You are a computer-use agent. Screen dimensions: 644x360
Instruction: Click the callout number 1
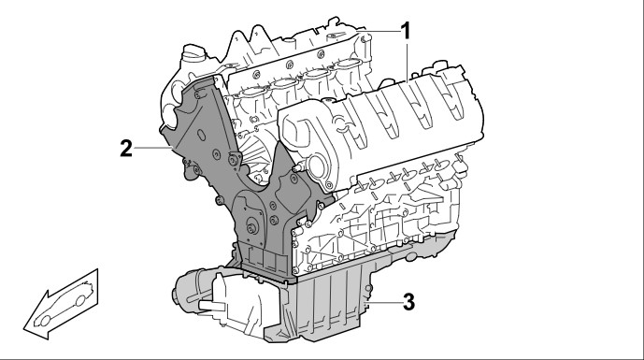click(406, 31)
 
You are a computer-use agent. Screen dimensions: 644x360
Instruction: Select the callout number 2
click(126, 149)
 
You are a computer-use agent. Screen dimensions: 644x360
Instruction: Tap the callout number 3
click(408, 302)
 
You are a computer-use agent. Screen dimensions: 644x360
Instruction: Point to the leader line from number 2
click(152, 147)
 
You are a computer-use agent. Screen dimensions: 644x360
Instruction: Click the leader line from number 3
click(383, 302)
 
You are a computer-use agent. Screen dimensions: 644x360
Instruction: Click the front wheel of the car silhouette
click(45, 321)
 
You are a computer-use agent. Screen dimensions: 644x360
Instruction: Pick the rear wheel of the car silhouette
click(80, 301)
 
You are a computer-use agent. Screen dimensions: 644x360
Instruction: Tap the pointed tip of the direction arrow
click(24, 328)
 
